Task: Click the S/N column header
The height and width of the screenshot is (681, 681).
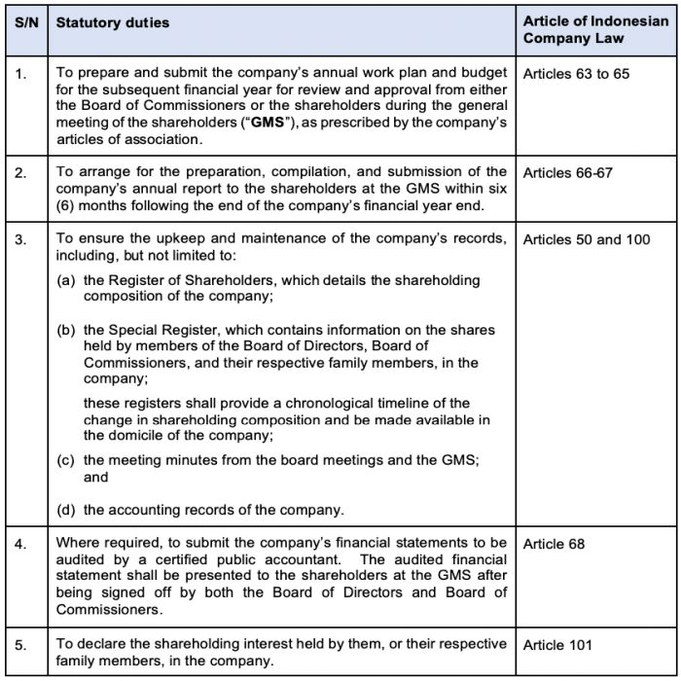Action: [x=26, y=21]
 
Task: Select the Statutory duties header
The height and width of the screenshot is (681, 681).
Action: [x=112, y=21]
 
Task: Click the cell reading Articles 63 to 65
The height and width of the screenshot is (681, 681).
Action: [x=576, y=74]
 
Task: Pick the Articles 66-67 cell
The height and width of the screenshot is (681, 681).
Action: [x=566, y=173]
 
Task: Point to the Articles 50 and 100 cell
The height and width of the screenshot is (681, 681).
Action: [x=587, y=239]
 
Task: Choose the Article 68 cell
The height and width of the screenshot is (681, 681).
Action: [x=554, y=544]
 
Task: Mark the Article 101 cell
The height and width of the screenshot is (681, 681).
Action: [x=557, y=644]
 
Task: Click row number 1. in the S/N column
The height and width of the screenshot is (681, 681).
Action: [x=21, y=74]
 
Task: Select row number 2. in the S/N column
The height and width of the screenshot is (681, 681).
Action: [x=21, y=173]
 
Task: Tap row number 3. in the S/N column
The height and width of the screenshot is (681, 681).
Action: [x=21, y=239]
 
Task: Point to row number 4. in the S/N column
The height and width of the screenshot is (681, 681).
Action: [x=21, y=544]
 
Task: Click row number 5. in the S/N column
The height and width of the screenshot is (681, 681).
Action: [x=21, y=644]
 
